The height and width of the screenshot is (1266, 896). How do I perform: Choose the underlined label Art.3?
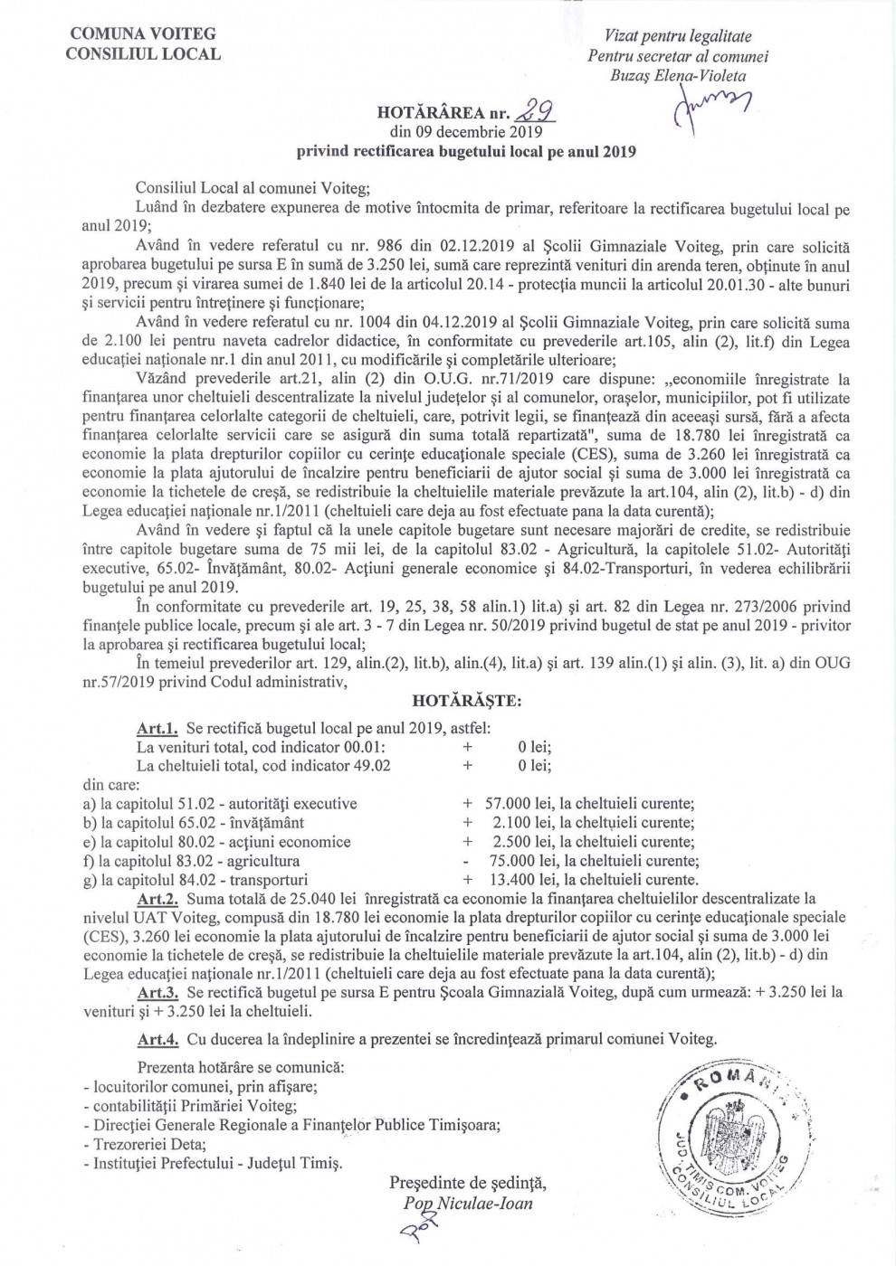[x=156, y=991]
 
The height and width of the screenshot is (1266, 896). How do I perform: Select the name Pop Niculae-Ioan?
[x=469, y=1203]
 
